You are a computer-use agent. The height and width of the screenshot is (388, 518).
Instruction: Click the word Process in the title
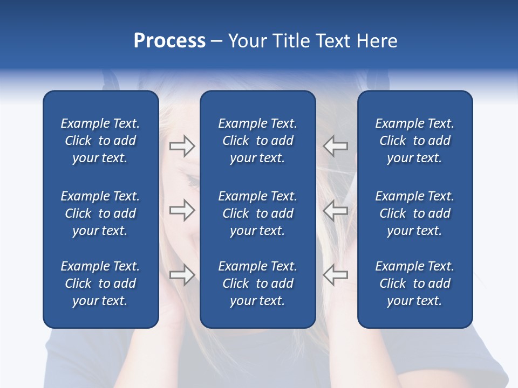click(x=169, y=41)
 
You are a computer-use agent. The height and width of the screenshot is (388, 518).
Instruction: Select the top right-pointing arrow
click(x=182, y=146)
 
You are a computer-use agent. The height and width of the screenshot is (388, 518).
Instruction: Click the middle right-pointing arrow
click(x=182, y=210)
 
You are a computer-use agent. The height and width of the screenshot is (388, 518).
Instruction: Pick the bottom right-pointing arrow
click(x=182, y=274)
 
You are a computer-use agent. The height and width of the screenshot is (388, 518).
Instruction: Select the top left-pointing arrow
click(x=336, y=146)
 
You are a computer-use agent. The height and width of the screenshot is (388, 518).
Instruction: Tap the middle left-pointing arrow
click(x=336, y=210)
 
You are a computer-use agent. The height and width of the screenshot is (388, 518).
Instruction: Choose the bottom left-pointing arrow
click(x=336, y=274)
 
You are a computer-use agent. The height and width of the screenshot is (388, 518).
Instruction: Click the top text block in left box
click(x=100, y=141)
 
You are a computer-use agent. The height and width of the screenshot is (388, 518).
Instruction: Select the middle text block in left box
click(x=100, y=213)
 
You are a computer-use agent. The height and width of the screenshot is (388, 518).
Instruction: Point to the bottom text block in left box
click(x=100, y=283)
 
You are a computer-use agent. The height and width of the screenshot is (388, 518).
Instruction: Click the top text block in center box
click(x=257, y=141)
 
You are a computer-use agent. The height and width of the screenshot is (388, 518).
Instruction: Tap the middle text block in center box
click(x=257, y=213)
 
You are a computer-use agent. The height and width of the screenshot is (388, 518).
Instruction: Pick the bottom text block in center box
click(x=257, y=283)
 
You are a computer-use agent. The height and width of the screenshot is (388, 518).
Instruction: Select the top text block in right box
click(x=414, y=141)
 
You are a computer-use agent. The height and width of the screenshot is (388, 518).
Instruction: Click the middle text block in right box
click(x=414, y=213)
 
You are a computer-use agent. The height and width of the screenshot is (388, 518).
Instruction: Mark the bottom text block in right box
click(x=414, y=283)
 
